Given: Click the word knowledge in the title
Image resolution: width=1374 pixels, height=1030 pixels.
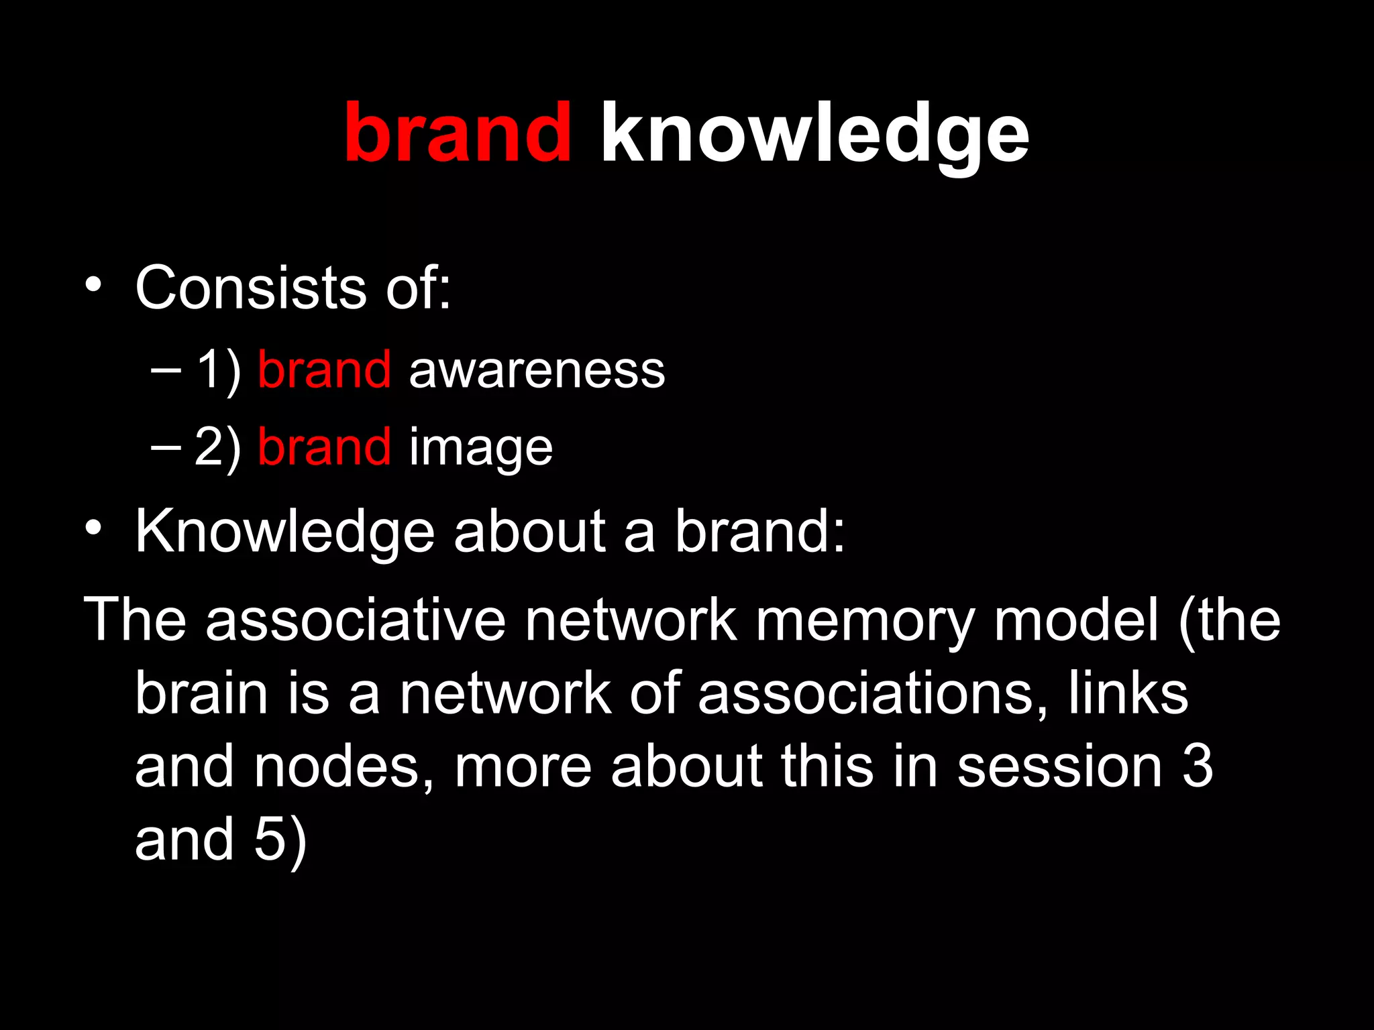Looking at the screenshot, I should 814,134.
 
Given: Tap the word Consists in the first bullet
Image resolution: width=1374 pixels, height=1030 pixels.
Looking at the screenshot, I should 251,288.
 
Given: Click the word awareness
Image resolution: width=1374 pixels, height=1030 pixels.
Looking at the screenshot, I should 537,370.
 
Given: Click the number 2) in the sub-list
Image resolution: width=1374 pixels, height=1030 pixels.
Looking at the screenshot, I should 218,447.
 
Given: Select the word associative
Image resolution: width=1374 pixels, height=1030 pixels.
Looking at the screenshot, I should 356,620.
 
